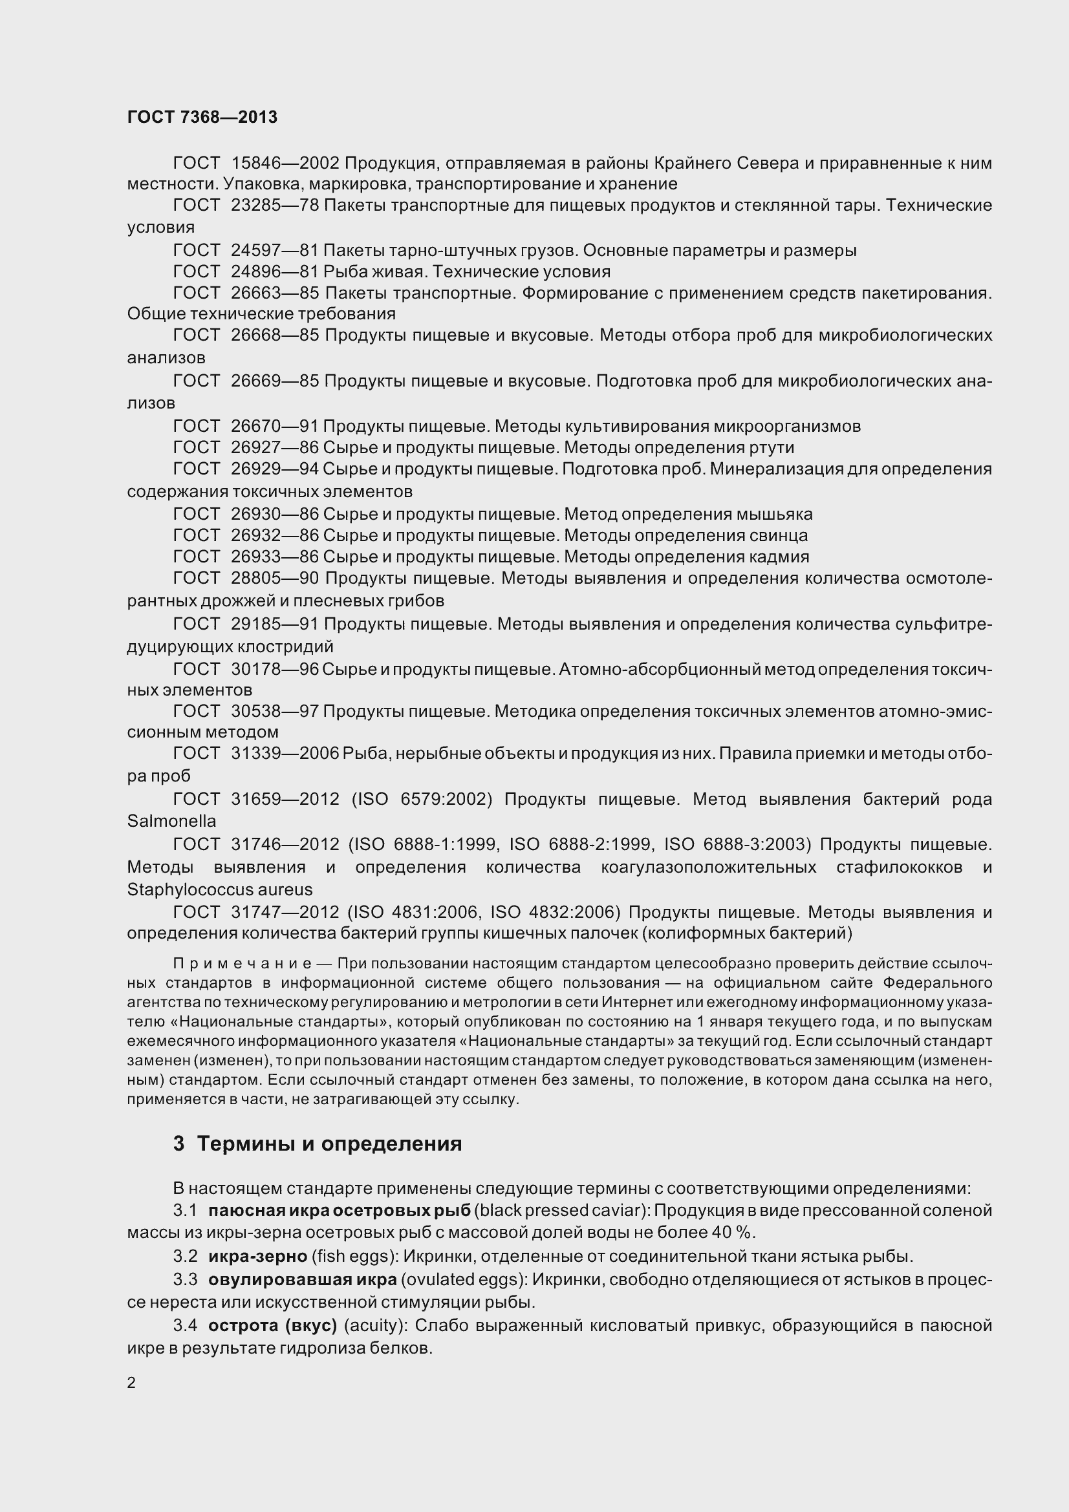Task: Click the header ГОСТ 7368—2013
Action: pos(202,117)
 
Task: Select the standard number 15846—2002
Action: pos(285,163)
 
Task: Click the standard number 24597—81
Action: pos(275,250)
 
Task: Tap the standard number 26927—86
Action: pos(275,448)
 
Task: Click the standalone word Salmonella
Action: pos(171,821)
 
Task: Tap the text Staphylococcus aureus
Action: pos(219,889)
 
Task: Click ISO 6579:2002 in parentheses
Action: pos(423,800)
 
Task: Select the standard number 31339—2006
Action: pos(285,753)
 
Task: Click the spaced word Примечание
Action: pos(243,963)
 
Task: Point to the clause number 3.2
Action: pos(185,1257)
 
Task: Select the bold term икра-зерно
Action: pos(257,1257)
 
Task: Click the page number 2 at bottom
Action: pos(131,1383)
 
